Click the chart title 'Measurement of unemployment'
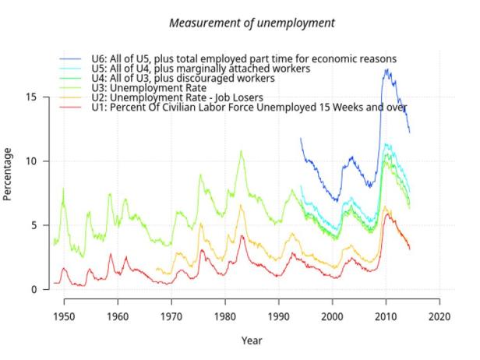click(x=252, y=23)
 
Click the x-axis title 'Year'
click(x=251, y=340)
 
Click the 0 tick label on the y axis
click(x=34, y=290)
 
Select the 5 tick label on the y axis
click(x=34, y=225)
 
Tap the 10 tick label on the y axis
click(x=31, y=161)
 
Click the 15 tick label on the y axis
click(x=31, y=97)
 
